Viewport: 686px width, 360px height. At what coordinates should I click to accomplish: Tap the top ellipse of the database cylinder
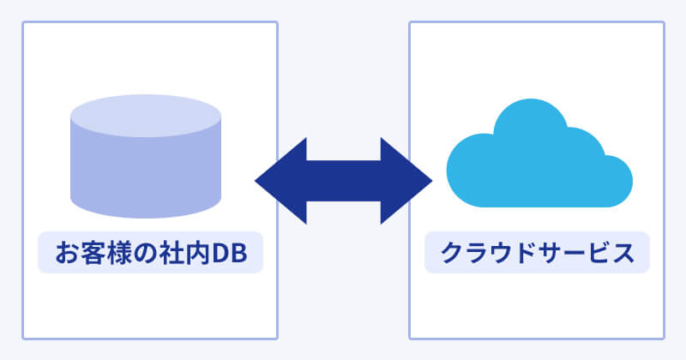pyautogui.click(x=146, y=115)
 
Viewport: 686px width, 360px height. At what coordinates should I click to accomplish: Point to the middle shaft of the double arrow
pyautogui.click(x=344, y=181)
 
